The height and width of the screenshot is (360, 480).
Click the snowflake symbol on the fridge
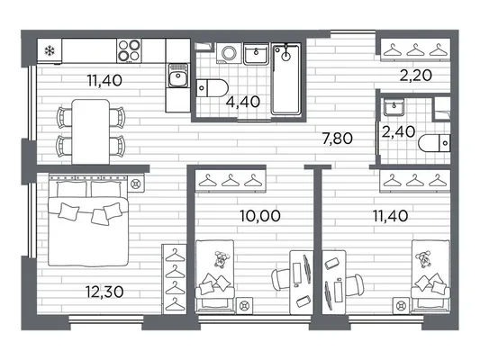tap(49, 50)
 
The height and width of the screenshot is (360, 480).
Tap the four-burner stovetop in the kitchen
tap(129, 50)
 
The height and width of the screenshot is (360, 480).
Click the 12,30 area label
tap(104, 292)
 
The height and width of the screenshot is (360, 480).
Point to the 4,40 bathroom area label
tap(243, 102)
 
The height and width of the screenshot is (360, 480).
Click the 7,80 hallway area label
tap(338, 139)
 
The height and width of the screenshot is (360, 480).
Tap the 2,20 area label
tap(416, 76)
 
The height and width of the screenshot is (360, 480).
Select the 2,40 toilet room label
tap(398, 132)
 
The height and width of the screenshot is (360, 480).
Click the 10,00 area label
tap(260, 216)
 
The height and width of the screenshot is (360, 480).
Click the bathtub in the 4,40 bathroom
tap(286, 79)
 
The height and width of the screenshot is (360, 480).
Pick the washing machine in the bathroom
tap(229, 53)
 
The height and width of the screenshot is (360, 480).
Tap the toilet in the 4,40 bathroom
tap(212, 88)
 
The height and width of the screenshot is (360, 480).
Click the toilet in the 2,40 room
tap(434, 143)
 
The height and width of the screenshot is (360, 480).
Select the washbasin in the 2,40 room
tap(394, 107)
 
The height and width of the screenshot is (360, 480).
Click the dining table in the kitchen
tap(91, 131)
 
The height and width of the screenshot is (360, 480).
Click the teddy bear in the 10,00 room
tap(221, 259)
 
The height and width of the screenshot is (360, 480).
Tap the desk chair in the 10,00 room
tap(281, 279)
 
